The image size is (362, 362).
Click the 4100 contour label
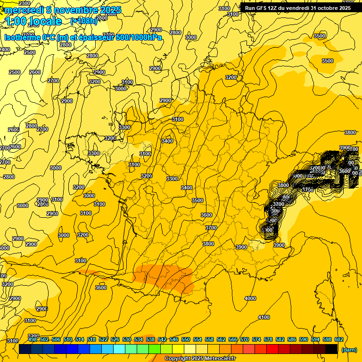[264, 317]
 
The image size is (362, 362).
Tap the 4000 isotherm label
[250, 298]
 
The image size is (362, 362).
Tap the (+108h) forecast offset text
[83, 21]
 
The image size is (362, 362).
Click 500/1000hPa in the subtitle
[137, 38]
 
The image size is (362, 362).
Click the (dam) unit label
[348, 350]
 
